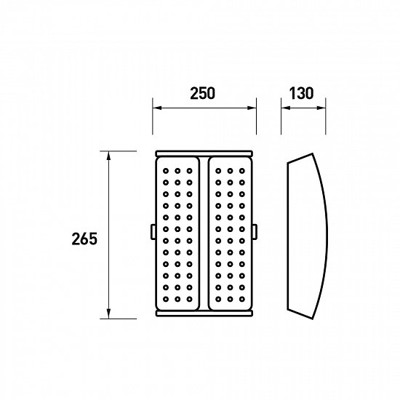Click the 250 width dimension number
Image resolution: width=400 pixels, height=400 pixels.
coord(203,93)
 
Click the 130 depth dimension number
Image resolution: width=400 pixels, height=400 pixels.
coord(301,93)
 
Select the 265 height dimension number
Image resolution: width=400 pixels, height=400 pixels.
coord(84,239)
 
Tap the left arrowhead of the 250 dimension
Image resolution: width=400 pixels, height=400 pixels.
coord(157,108)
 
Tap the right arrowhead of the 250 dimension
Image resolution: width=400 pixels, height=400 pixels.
coord(252,108)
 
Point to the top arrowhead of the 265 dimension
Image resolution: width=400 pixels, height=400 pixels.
coord(108,156)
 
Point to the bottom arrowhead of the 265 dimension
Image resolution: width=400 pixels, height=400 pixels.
coord(108,314)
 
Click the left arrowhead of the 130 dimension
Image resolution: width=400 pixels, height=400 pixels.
coord(286,108)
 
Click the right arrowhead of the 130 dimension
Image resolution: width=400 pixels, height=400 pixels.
coord(321,108)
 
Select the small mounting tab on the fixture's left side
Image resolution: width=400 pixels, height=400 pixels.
coord(153,231)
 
